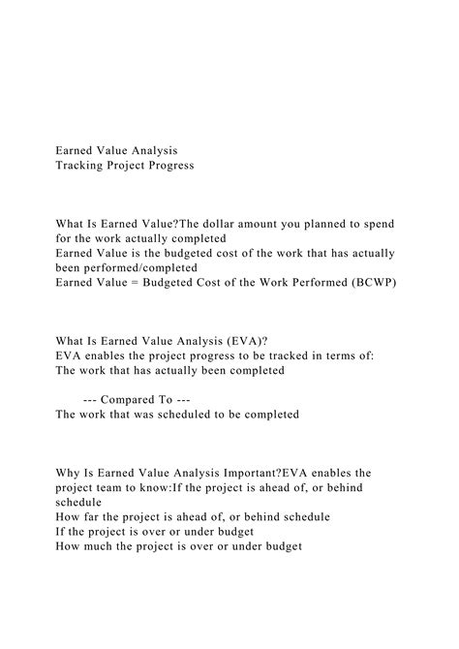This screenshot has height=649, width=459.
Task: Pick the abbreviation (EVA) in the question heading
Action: [x=234, y=339]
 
